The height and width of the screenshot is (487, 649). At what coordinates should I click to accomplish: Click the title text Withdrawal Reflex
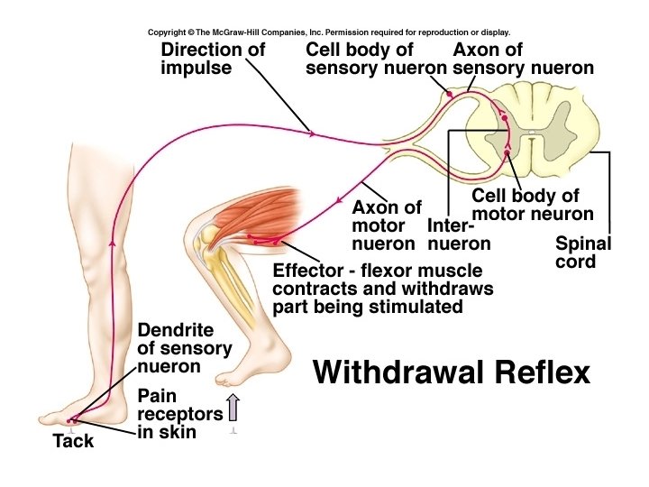pos(451,372)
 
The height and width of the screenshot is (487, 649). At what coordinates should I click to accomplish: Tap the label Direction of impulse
pos(212,59)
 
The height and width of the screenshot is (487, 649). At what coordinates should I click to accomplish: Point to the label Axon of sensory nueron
pos(523,59)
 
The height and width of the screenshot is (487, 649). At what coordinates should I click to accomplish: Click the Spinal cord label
pos(582,253)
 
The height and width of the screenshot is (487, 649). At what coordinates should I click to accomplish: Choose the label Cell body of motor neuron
pos(533,205)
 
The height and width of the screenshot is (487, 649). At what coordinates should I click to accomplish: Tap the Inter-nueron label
pos(459,234)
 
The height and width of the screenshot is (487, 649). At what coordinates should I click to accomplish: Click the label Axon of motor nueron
pos(386,225)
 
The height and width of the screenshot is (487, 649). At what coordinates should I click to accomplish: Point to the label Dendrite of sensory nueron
pos(184,348)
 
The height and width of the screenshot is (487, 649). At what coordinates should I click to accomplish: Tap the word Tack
pos(73,442)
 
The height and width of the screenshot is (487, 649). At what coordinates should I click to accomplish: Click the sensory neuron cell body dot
pos(449,94)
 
